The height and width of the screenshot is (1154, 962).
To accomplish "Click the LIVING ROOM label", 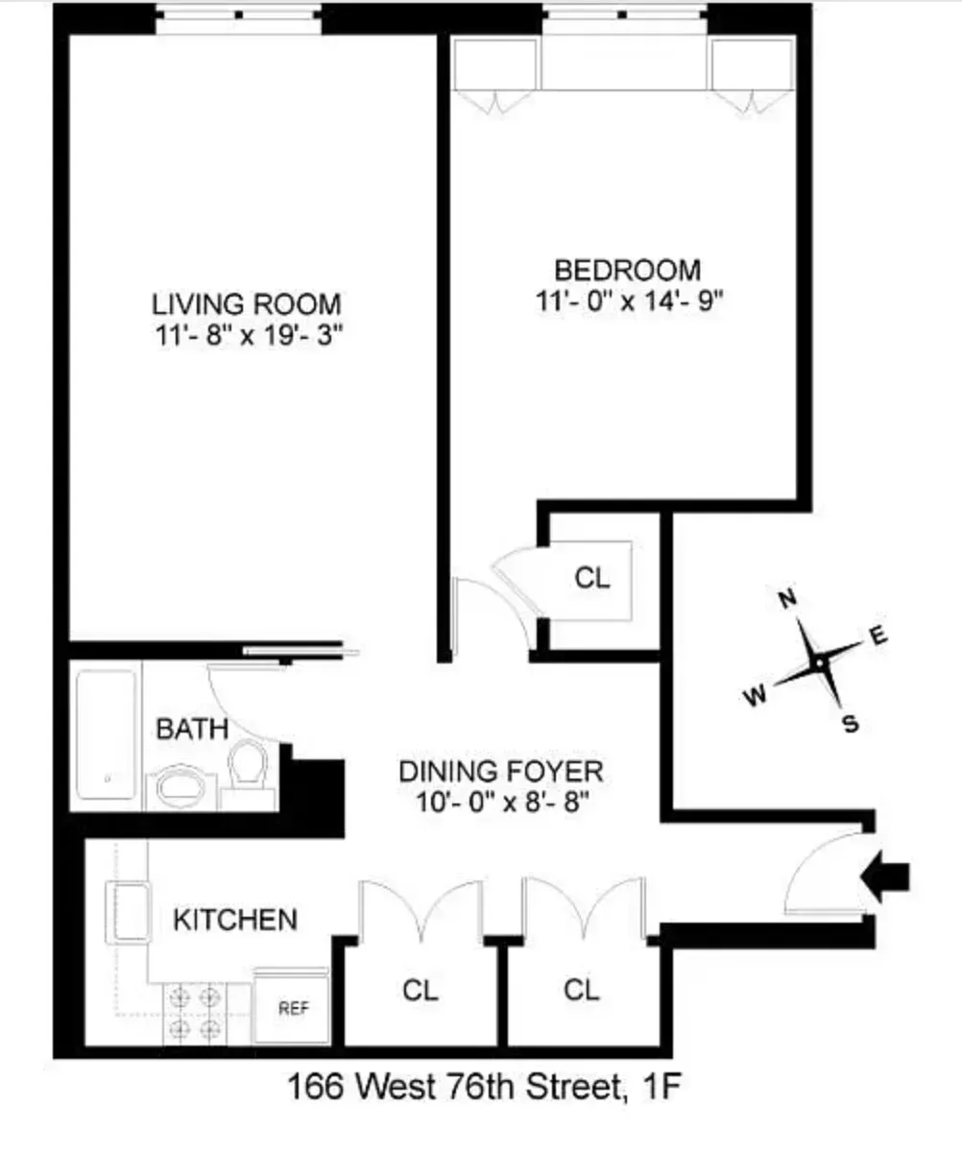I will pos(247,304).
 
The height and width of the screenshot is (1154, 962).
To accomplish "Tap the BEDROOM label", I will pos(630,270).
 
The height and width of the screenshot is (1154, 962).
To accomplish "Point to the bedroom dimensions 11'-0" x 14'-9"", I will pos(630,299).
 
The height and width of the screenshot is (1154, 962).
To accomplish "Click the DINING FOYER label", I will pos(501,771).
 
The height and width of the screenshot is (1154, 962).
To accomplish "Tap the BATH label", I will pos(192,729).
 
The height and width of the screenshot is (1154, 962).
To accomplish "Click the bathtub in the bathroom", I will pos(106,734).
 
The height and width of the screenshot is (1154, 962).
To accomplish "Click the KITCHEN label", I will pos(235,919).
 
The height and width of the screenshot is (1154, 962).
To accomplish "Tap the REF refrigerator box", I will pos(292,1008).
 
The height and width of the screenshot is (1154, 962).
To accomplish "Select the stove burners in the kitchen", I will pos(195,1013).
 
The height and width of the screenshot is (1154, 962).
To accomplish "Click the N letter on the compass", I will pos(787,599).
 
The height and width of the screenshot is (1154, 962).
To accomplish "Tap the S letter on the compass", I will pos(849,725).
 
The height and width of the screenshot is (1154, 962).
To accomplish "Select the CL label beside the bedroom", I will pos(592,579).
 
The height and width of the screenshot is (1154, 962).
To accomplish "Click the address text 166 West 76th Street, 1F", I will pos(486,1088).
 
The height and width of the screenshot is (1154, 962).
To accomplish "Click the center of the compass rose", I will pos(818,662).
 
